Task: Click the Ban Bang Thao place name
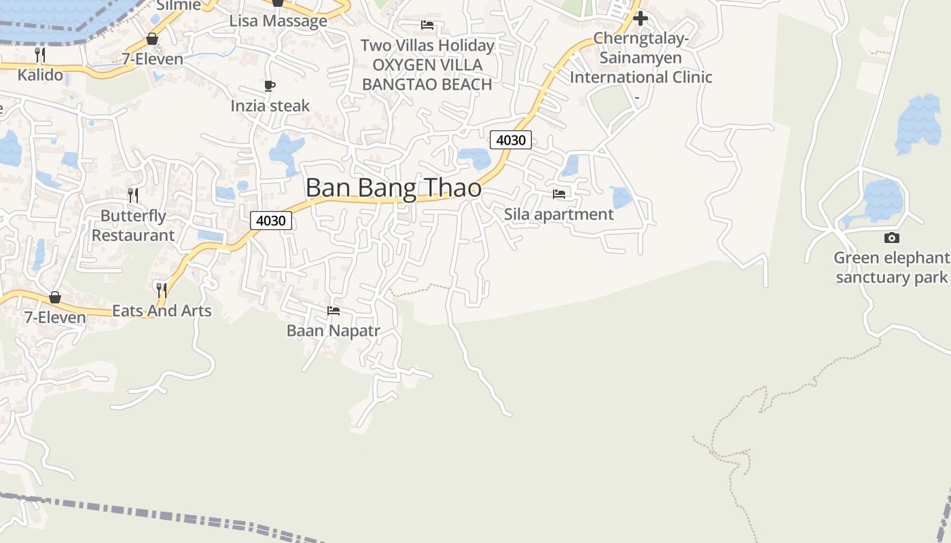tap(393, 188)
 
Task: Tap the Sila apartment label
tap(558, 214)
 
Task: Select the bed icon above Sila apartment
tap(559, 194)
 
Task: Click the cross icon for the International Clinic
tap(640, 18)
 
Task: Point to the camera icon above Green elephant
tap(892, 238)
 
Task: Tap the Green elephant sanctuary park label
tap(891, 267)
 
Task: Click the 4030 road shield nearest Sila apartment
tap(511, 140)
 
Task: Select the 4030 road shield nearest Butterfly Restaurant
tap(271, 220)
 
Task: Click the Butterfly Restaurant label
tap(133, 225)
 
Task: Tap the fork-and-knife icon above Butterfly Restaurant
tap(133, 195)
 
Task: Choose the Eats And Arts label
tap(162, 311)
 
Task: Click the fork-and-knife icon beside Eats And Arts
tap(162, 291)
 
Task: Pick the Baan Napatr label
tap(333, 331)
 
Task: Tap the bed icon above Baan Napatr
tap(334, 311)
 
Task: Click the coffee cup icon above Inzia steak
tap(270, 86)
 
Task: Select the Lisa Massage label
tap(278, 21)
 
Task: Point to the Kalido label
tap(40, 75)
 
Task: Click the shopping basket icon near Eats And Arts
tap(55, 297)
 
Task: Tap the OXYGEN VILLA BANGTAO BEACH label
tap(427, 75)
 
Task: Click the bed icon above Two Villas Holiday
tap(427, 25)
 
